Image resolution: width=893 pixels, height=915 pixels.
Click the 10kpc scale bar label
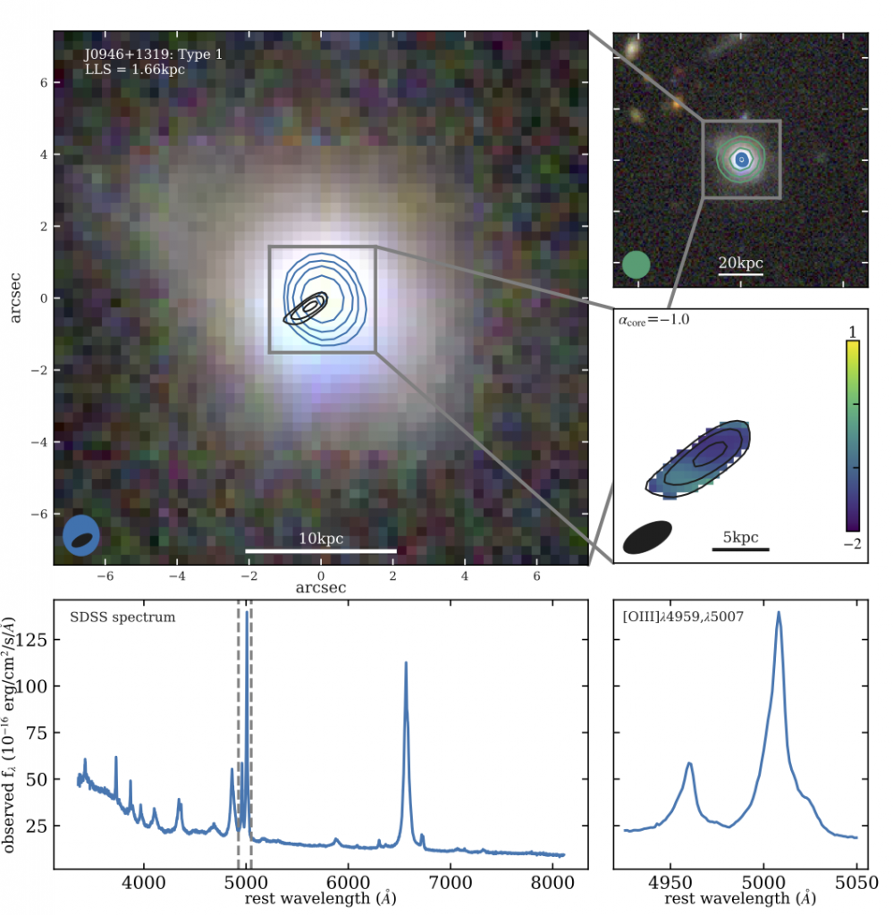[x=321, y=539]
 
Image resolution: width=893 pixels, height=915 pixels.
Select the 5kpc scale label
[x=740, y=537]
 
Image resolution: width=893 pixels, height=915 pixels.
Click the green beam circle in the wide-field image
[x=636, y=264]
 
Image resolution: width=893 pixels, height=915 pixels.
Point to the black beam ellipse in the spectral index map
[x=647, y=537]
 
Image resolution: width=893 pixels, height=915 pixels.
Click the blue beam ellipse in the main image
[x=81, y=536]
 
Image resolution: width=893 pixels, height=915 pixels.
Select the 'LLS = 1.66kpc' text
[x=134, y=69]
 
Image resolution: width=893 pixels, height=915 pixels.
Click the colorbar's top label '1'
[x=853, y=332]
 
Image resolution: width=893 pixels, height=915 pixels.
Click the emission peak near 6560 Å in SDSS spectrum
[x=406, y=664]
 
